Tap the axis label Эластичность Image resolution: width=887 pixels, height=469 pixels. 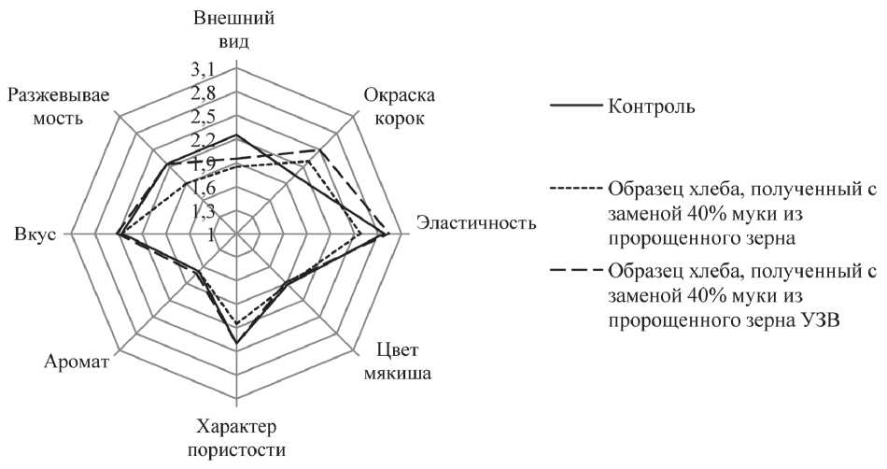[x=476, y=224]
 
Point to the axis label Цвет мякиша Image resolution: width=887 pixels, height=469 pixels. [x=404, y=365]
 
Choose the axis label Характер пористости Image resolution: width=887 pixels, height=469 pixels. [x=237, y=439]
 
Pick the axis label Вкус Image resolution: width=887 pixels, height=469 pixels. [x=31, y=234]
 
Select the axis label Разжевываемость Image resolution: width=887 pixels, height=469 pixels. [x=57, y=107]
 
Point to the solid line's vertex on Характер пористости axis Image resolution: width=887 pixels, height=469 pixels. [x=237, y=344]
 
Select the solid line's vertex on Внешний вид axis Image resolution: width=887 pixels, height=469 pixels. [x=237, y=135]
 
